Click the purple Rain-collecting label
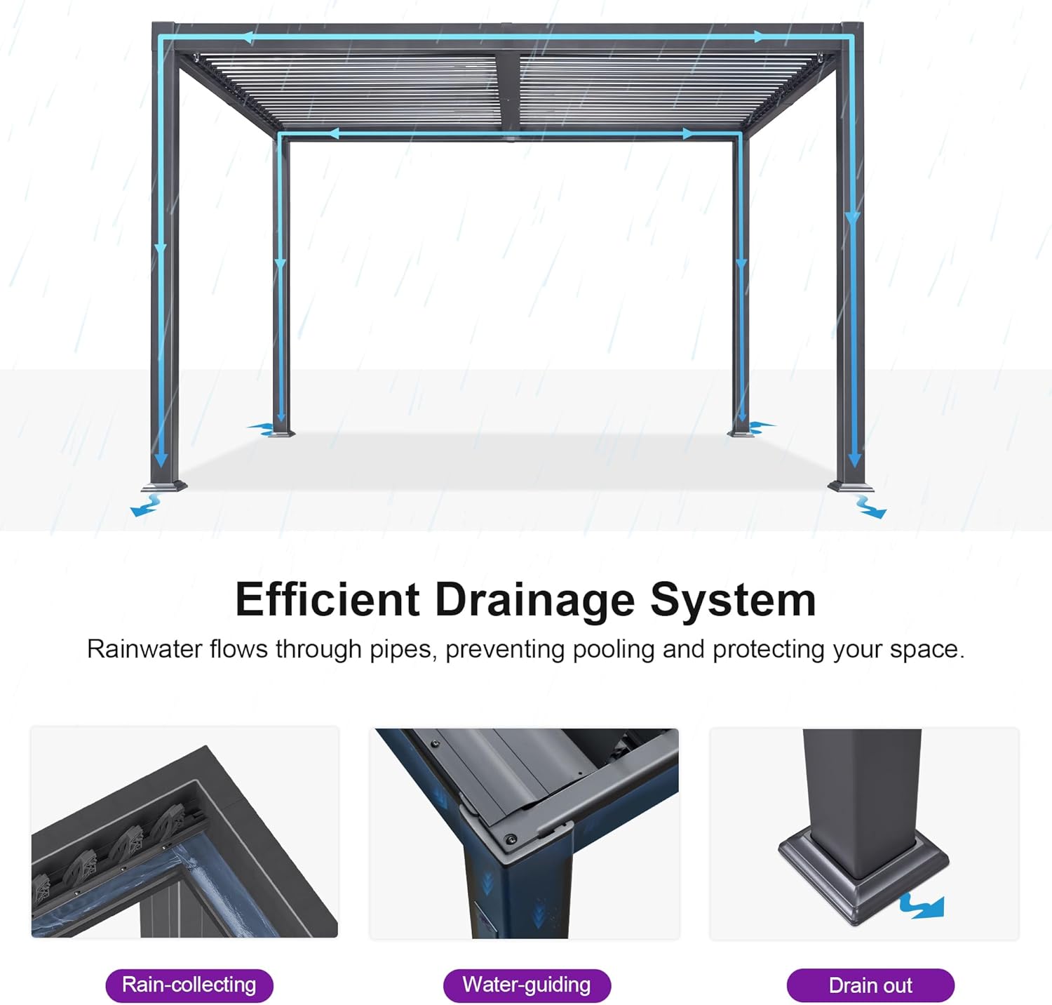click(189, 985)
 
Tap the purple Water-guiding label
click(527, 985)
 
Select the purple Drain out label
click(870, 985)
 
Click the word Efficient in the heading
click(328, 600)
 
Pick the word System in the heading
click(733, 600)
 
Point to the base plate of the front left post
click(164, 486)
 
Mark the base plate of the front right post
click(851, 486)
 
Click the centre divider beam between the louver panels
click(508, 91)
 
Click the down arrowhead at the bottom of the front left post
click(161, 460)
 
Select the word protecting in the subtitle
click(769, 650)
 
